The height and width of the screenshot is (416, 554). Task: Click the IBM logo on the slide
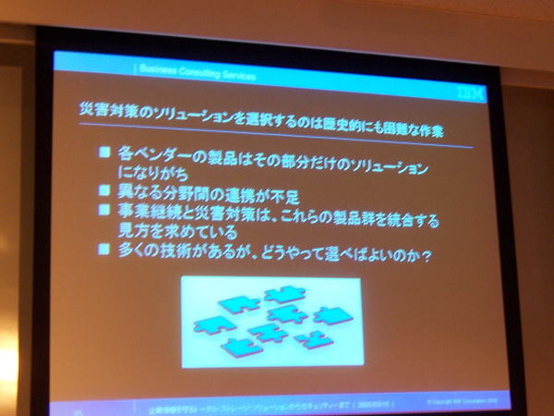click(466, 92)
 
